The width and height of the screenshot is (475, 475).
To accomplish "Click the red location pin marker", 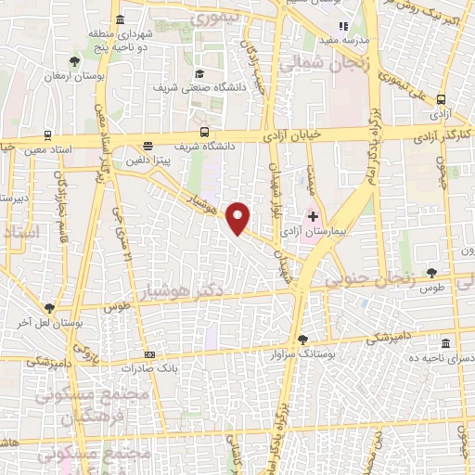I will [239, 217].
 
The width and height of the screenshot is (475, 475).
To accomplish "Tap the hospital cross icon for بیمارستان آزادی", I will [313, 216].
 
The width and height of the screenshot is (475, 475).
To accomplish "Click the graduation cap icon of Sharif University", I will [199, 74].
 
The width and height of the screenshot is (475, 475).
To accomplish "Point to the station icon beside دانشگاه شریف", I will [204, 133].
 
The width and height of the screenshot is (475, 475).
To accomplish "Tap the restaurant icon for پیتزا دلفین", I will [148, 145].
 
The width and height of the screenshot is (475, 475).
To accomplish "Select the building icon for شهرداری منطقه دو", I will [120, 19].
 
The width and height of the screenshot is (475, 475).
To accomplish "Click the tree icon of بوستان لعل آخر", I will [48, 308].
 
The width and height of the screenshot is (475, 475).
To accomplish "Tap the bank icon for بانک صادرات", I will [150, 353].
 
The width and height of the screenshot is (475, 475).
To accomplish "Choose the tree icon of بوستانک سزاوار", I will [302, 340].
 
